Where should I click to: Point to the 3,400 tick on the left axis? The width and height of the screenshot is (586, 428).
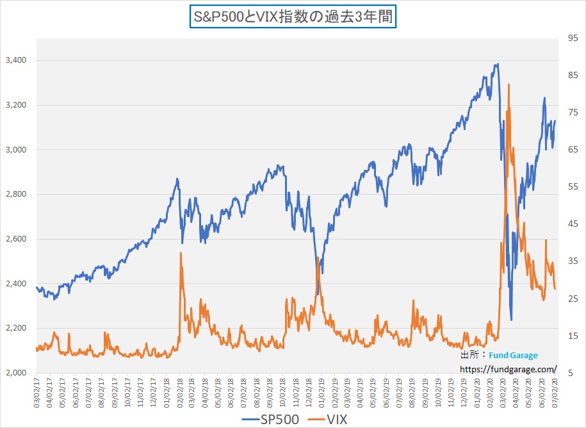click(x=15, y=60)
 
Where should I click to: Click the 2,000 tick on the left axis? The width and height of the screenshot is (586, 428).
click(x=15, y=373)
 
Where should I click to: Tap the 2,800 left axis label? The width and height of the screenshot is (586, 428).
click(x=15, y=194)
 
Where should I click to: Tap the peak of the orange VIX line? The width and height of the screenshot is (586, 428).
click(x=509, y=85)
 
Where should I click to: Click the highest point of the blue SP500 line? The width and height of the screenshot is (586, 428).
click(x=497, y=64)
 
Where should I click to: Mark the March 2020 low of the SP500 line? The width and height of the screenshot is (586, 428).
click(x=511, y=319)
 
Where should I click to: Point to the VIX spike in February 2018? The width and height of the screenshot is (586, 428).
click(x=181, y=254)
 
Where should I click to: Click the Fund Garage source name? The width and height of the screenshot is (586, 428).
click(x=514, y=355)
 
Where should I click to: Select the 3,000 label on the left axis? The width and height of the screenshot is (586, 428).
click(x=15, y=149)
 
